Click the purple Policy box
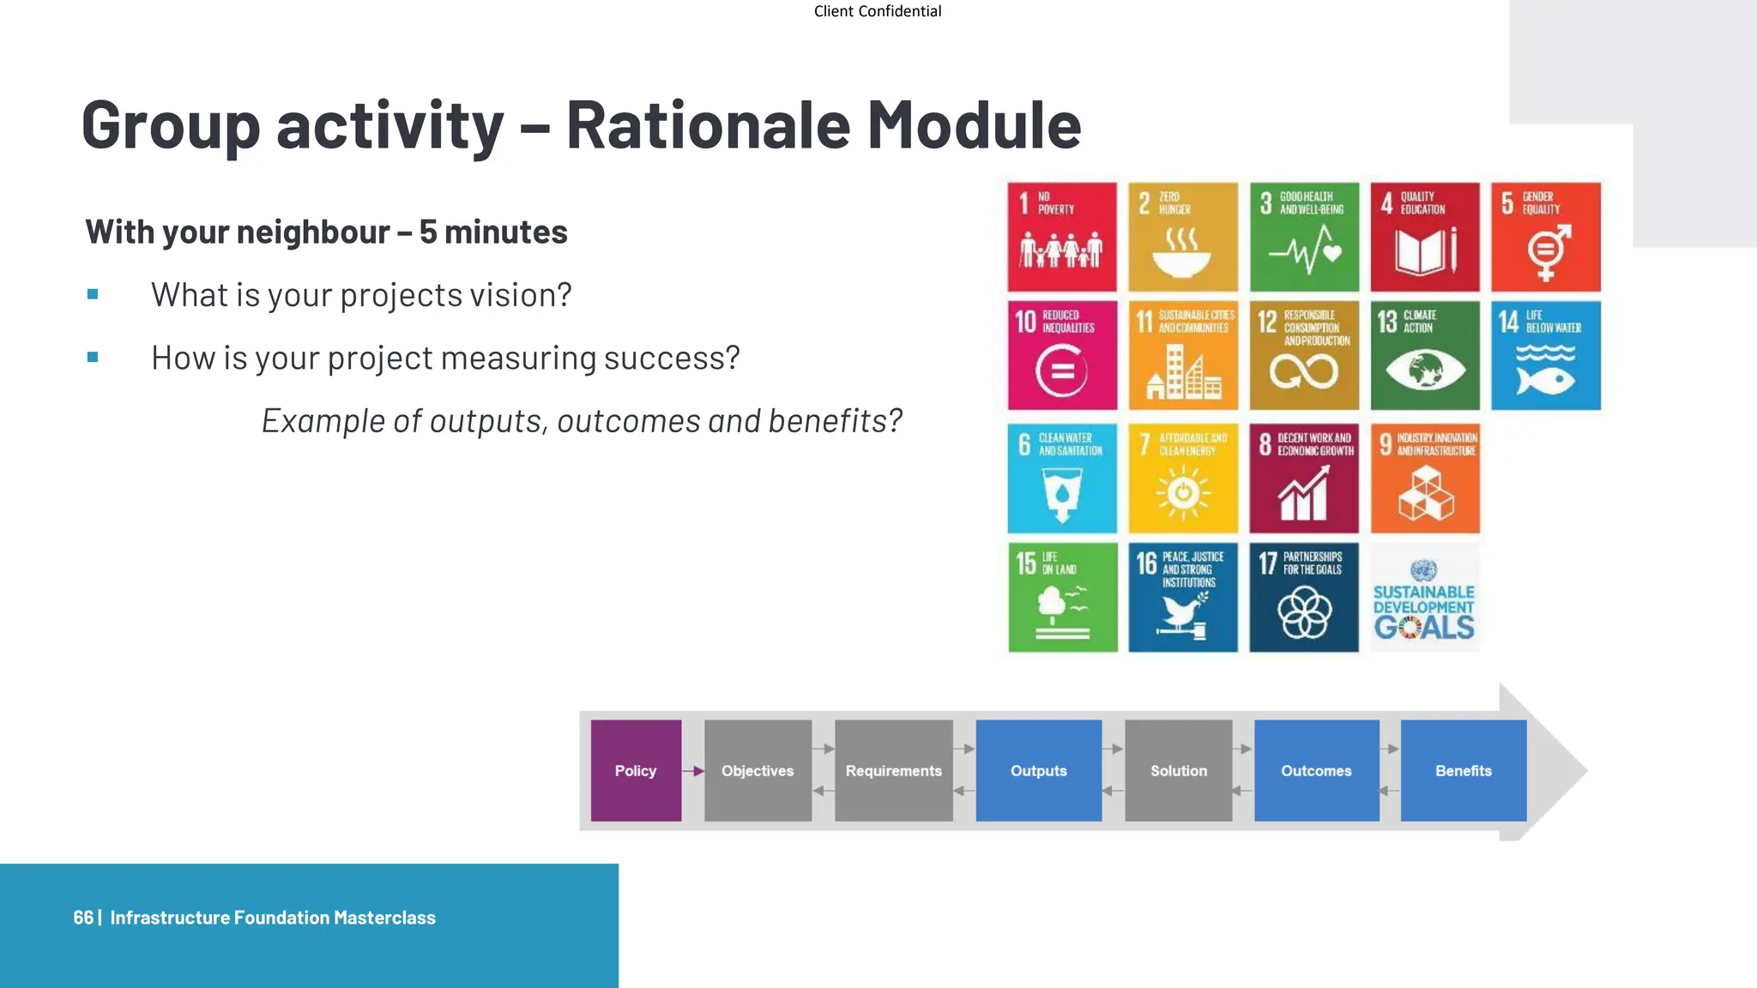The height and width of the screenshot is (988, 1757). (x=636, y=770)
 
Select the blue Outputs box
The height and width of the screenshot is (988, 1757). (x=1038, y=770)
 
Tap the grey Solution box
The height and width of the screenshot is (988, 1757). (x=1178, y=770)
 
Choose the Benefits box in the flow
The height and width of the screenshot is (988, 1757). (x=1463, y=770)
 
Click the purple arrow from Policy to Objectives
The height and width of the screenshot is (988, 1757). (x=693, y=771)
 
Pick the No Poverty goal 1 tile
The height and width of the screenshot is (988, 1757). (x=1062, y=237)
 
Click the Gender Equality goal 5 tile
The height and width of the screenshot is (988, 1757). (x=1545, y=237)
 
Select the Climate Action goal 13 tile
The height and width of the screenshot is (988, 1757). (x=1424, y=355)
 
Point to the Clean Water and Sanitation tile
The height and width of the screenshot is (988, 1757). (x=1062, y=478)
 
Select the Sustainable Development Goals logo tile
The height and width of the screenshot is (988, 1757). (x=1424, y=598)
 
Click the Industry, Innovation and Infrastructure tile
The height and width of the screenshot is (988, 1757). (x=1424, y=478)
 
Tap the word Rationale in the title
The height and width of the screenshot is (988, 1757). (x=708, y=125)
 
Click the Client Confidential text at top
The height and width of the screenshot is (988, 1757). (x=877, y=11)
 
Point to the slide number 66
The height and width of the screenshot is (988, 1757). (x=82, y=918)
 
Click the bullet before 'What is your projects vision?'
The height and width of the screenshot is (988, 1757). (x=93, y=295)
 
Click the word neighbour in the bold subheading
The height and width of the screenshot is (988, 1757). (x=318, y=232)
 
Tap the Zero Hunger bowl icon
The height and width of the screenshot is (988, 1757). (x=1181, y=255)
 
